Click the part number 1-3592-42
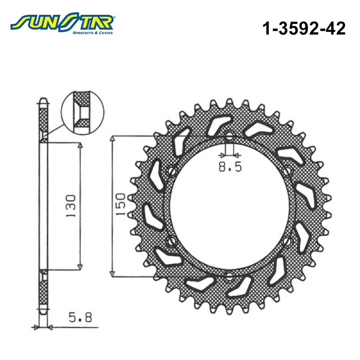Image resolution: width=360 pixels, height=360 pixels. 304,28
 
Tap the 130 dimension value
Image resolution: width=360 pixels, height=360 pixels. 71,206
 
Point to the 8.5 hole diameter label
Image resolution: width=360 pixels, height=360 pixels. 230,167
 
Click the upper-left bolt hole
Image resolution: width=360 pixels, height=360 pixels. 172,171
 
